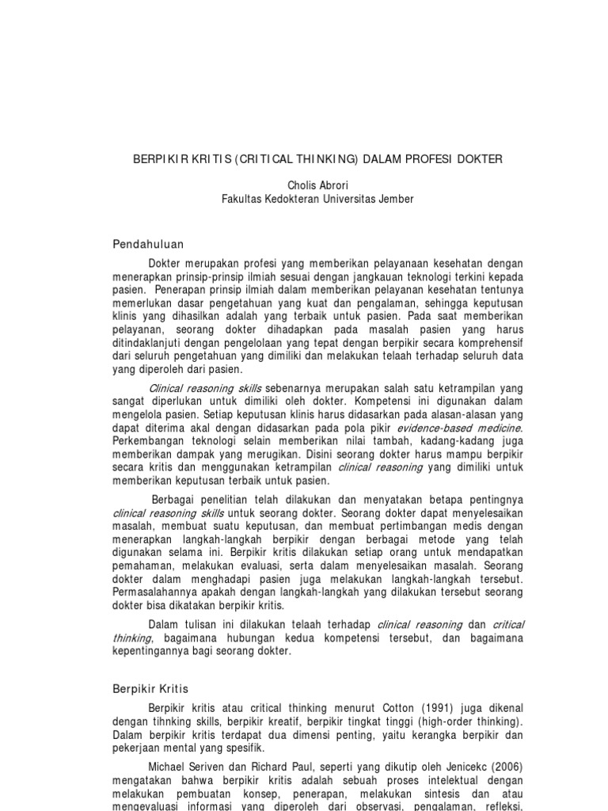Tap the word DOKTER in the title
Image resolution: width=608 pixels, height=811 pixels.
(x=477, y=159)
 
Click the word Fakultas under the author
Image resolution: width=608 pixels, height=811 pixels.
(x=242, y=199)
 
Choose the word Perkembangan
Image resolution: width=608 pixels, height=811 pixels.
(x=147, y=442)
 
